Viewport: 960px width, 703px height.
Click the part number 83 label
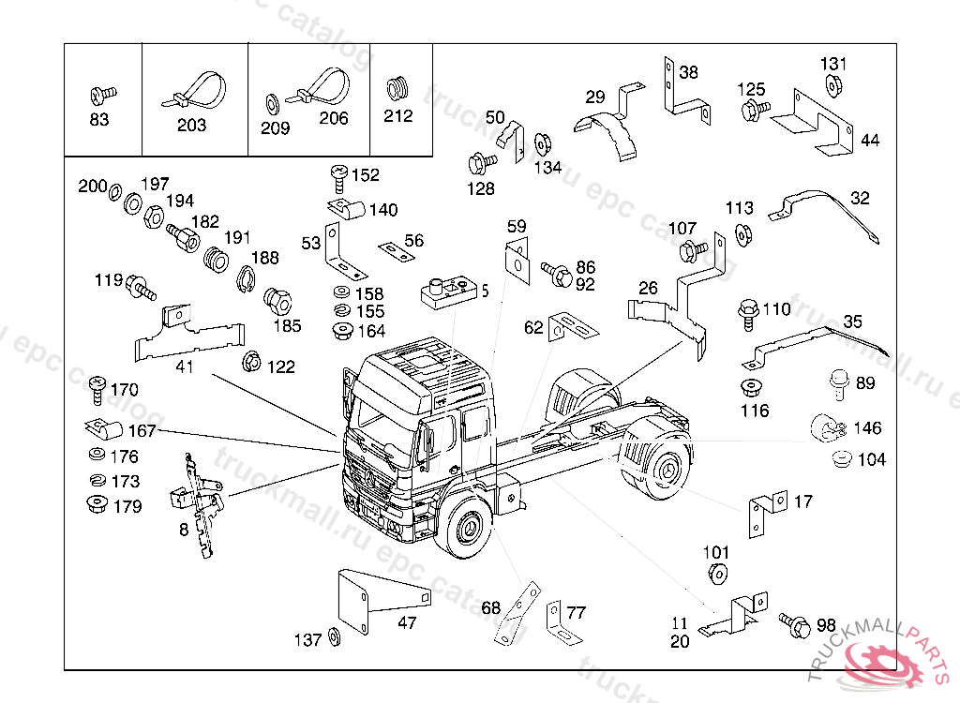click(98, 120)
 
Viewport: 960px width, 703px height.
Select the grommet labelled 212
click(399, 89)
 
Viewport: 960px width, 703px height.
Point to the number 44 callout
click(870, 142)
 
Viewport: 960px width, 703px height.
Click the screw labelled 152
click(338, 174)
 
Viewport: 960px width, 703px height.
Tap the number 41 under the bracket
click(185, 366)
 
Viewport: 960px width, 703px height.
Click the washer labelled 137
click(336, 639)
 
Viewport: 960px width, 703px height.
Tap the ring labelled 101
click(716, 573)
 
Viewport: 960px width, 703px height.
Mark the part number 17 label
click(802, 502)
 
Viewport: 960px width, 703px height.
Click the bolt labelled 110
click(749, 312)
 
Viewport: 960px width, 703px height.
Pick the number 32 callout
click(860, 198)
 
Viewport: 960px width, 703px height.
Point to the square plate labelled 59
click(517, 258)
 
